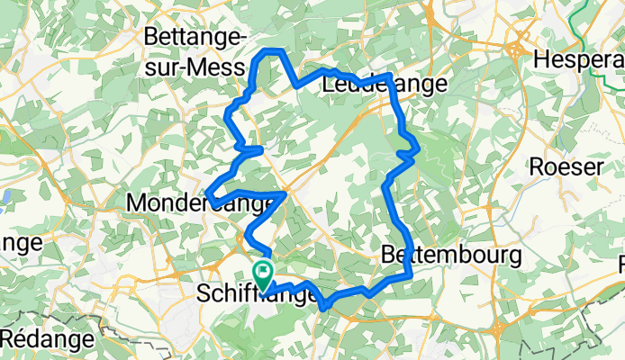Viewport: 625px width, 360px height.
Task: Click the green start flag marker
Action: pos(263,273)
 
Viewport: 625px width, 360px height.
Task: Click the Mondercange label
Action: pos(201,204)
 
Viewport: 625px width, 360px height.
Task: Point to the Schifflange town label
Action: pos(258,295)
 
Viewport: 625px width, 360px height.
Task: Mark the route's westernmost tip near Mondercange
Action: pos(207,194)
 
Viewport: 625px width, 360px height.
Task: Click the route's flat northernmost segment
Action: pos(270,51)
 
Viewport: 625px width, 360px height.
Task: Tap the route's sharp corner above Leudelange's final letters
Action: pos(388,76)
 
